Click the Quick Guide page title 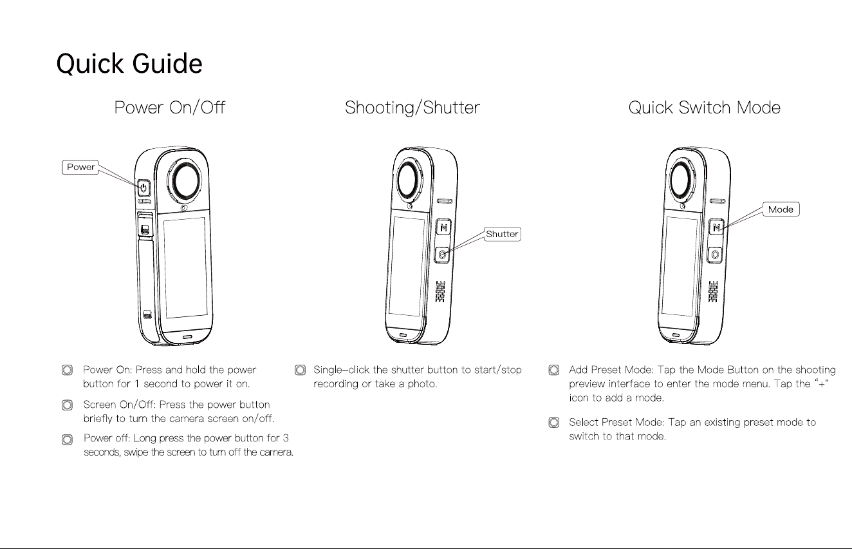pyautogui.click(x=129, y=64)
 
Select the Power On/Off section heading pyautogui.click(x=170, y=108)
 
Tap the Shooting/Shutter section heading pyautogui.click(x=412, y=108)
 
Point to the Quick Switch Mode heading pyautogui.click(x=705, y=108)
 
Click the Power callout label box pyautogui.click(x=80, y=168)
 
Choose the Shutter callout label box pyautogui.click(x=503, y=234)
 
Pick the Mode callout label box pyautogui.click(x=781, y=209)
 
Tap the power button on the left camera pyautogui.click(x=144, y=188)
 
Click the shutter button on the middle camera pyautogui.click(x=442, y=254)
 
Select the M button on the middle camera pyautogui.click(x=443, y=228)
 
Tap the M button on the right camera pyautogui.click(x=716, y=228)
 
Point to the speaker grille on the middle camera pyautogui.click(x=440, y=291)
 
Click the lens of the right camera pyautogui.click(x=681, y=180)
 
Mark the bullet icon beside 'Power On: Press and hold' pyautogui.click(x=68, y=371)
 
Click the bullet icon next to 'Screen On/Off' pyautogui.click(x=68, y=405)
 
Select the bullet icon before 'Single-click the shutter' pyautogui.click(x=300, y=370)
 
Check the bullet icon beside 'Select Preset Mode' pyautogui.click(x=554, y=423)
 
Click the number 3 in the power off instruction pyautogui.click(x=286, y=438)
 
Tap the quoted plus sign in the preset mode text pyautogui.click(x=822, y=383)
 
